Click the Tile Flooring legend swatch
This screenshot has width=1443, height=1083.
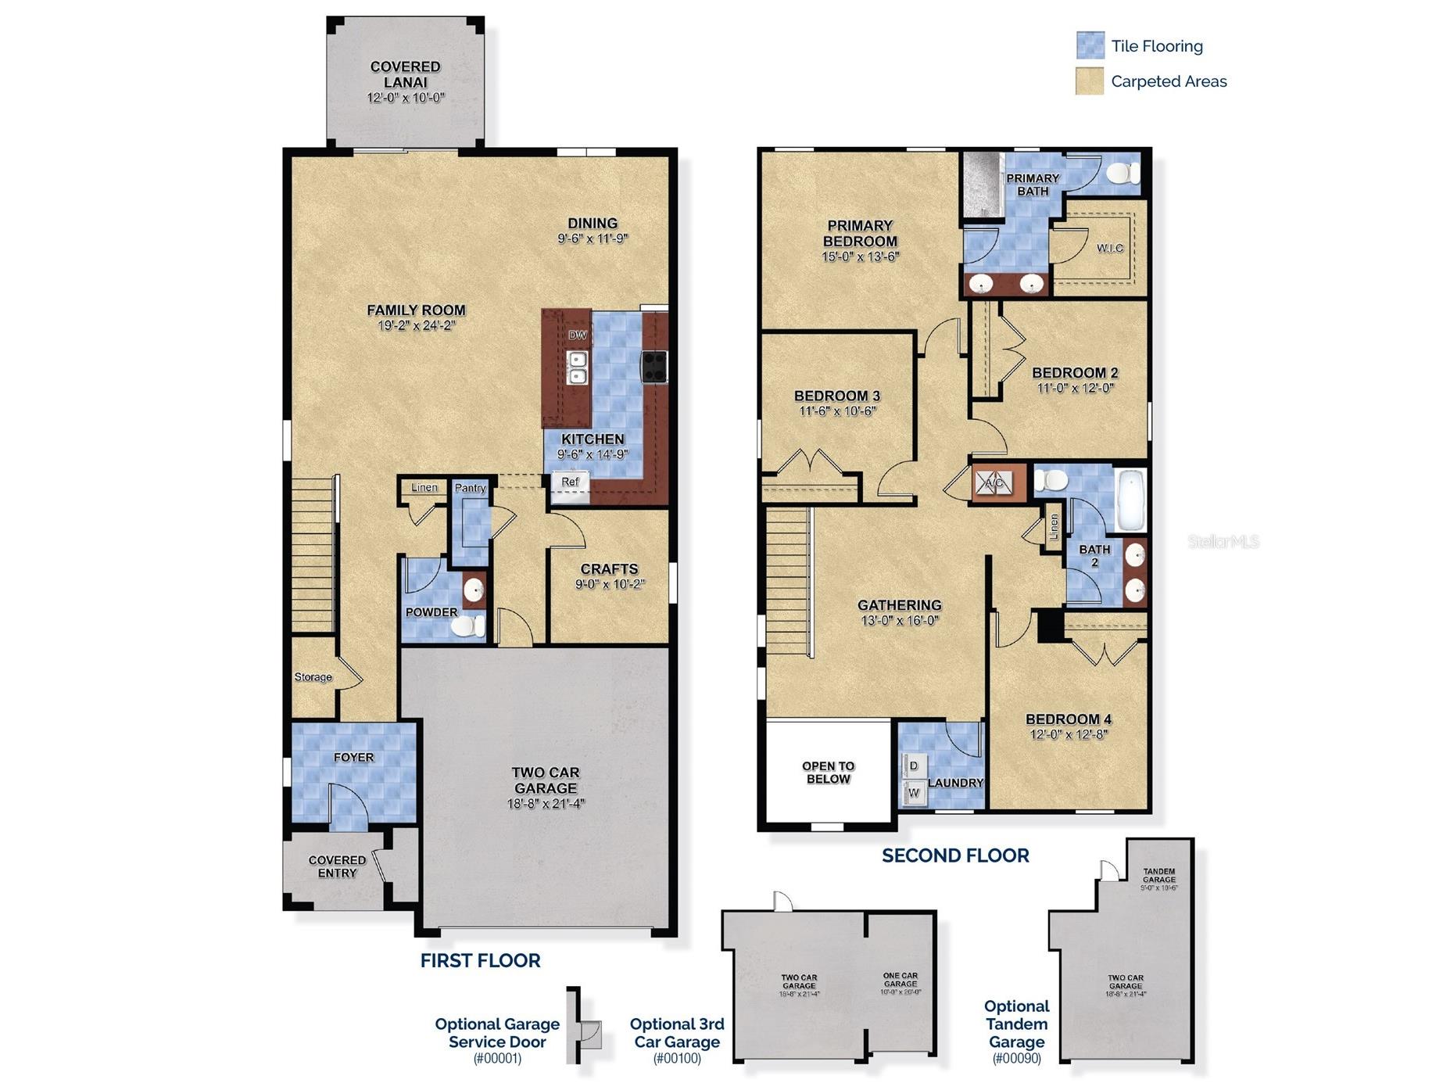coord(1090,45)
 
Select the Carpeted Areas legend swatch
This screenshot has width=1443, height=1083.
coord(1089,81)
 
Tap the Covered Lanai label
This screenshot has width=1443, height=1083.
coord(405,74)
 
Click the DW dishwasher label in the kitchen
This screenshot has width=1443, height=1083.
coord(577,335)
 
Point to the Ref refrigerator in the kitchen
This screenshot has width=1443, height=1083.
coord(570,482)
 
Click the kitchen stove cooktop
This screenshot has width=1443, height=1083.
coord(654,366)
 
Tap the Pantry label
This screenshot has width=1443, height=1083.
coord(470,488)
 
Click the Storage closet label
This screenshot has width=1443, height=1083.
coord(313,677)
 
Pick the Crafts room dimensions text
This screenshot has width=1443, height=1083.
coord(610,584)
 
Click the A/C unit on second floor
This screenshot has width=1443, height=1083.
coord(994,482)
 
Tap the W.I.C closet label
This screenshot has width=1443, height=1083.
coord(1109,248)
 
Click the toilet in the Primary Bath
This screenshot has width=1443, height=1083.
coord(1123,172)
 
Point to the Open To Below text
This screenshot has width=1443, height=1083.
coord(828,773)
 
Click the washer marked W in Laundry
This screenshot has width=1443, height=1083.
coord(914,793)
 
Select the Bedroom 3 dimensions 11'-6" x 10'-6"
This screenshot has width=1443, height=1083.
coord(837,411)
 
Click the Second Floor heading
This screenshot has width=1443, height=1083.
coord(954,855)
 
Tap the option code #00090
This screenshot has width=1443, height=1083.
coord(1016,1059)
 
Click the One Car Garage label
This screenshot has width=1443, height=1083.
coord(900,980)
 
